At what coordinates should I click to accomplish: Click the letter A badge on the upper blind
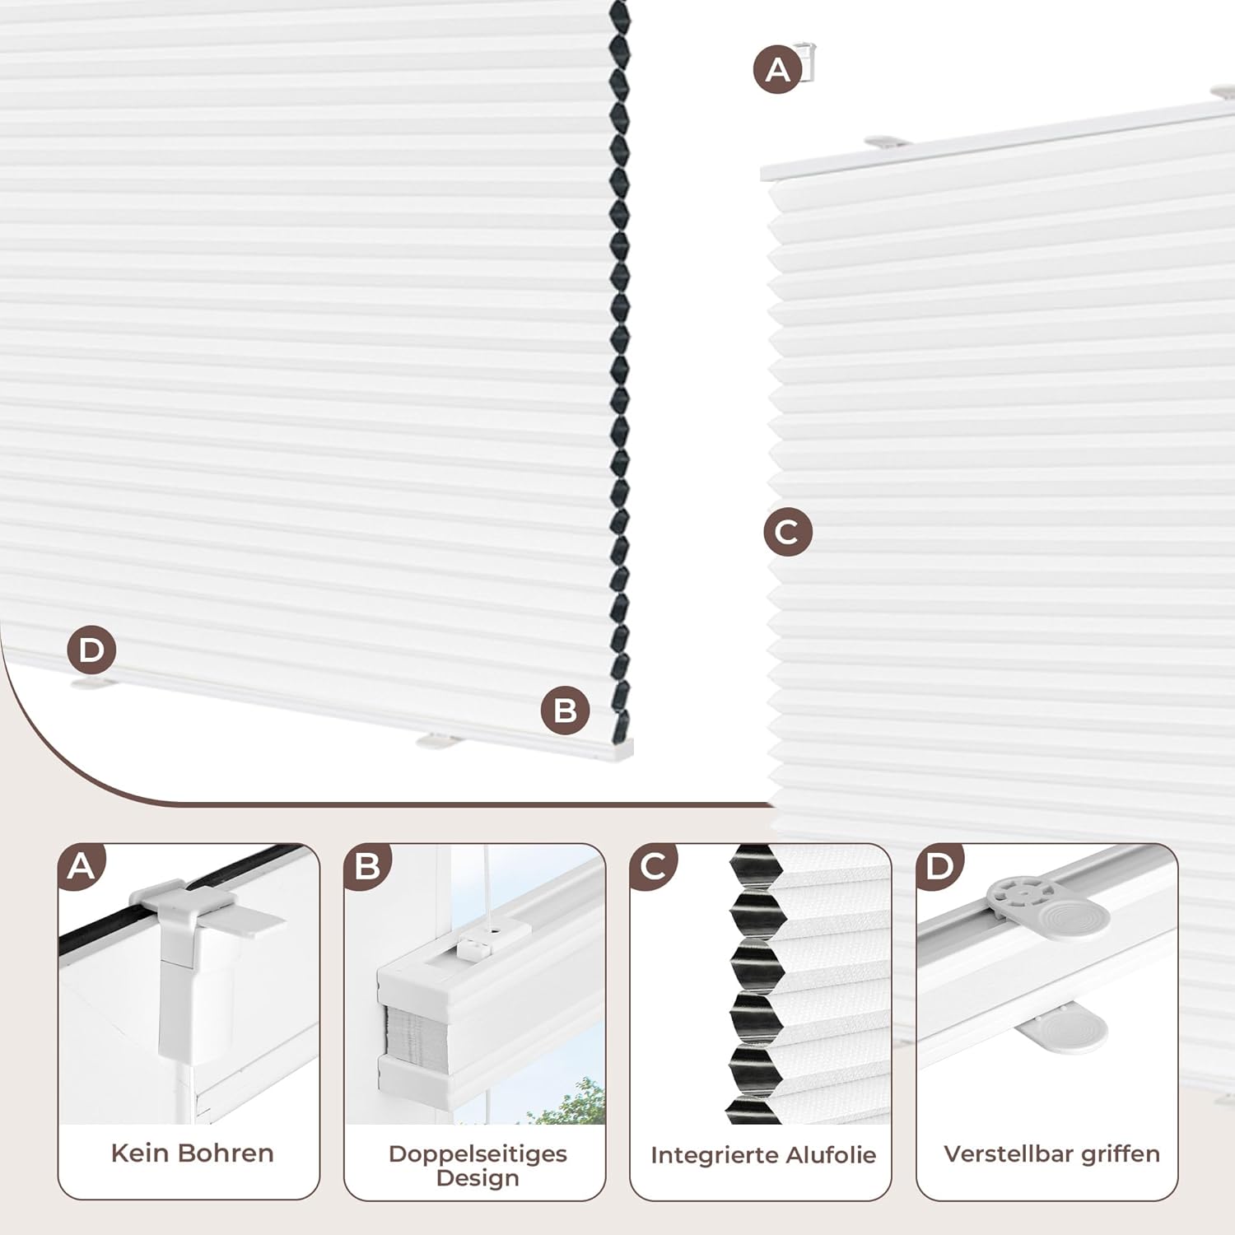coord(777,69)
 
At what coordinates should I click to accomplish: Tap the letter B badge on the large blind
coord(566,711)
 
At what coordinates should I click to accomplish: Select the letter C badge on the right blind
coord(788,531)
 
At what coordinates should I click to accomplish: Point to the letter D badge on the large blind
coord(91,650)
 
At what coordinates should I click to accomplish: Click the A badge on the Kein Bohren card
coord(82,866)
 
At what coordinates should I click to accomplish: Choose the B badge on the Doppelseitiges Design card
coord(367,866)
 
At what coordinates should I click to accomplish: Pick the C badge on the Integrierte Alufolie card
coord(653,866)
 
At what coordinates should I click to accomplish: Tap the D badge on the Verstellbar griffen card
coord(939,866)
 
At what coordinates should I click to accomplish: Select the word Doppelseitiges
coord(478,1153)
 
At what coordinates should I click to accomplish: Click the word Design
coord(478,1178)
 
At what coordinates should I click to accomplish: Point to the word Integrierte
coord(703,1155)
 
